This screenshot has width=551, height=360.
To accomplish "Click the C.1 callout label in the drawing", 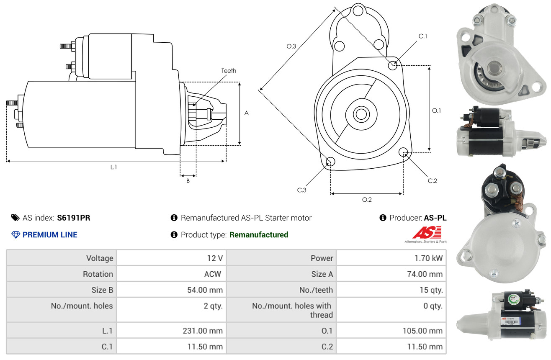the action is click(422, 36).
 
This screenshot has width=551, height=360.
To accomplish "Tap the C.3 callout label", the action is click(301, 190).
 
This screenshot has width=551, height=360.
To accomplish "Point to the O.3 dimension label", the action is click(291, 46).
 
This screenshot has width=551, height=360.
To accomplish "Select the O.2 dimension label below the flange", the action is click(367, 200).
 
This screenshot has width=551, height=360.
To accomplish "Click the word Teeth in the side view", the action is click(229, 71).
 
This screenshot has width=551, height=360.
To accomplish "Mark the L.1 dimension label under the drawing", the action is click(113, 167).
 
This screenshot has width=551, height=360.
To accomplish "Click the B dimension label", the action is click(188, 181).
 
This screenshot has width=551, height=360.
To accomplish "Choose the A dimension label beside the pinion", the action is click(246, 113).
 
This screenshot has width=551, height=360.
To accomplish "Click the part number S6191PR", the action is click(74, 218).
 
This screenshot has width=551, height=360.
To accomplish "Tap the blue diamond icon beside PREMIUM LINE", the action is click(16, 235).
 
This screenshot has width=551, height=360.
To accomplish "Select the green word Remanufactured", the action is click(259, 235).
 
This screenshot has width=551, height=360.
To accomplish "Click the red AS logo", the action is click(427, 233).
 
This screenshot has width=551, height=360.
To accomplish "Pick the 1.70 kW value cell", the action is click(428, 258).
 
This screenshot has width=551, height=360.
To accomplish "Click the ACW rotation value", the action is click(213, 274).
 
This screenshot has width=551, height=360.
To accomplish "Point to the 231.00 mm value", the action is click(203, 331).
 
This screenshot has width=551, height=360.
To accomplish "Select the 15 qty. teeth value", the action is click(431, 290).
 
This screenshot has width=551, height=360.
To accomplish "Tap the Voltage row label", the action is click(100, 258).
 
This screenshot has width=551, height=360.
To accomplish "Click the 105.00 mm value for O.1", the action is click(422, 331).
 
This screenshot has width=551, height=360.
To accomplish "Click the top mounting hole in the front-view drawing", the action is click(358, 11).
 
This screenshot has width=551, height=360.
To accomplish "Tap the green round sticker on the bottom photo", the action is click(514, 299).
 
